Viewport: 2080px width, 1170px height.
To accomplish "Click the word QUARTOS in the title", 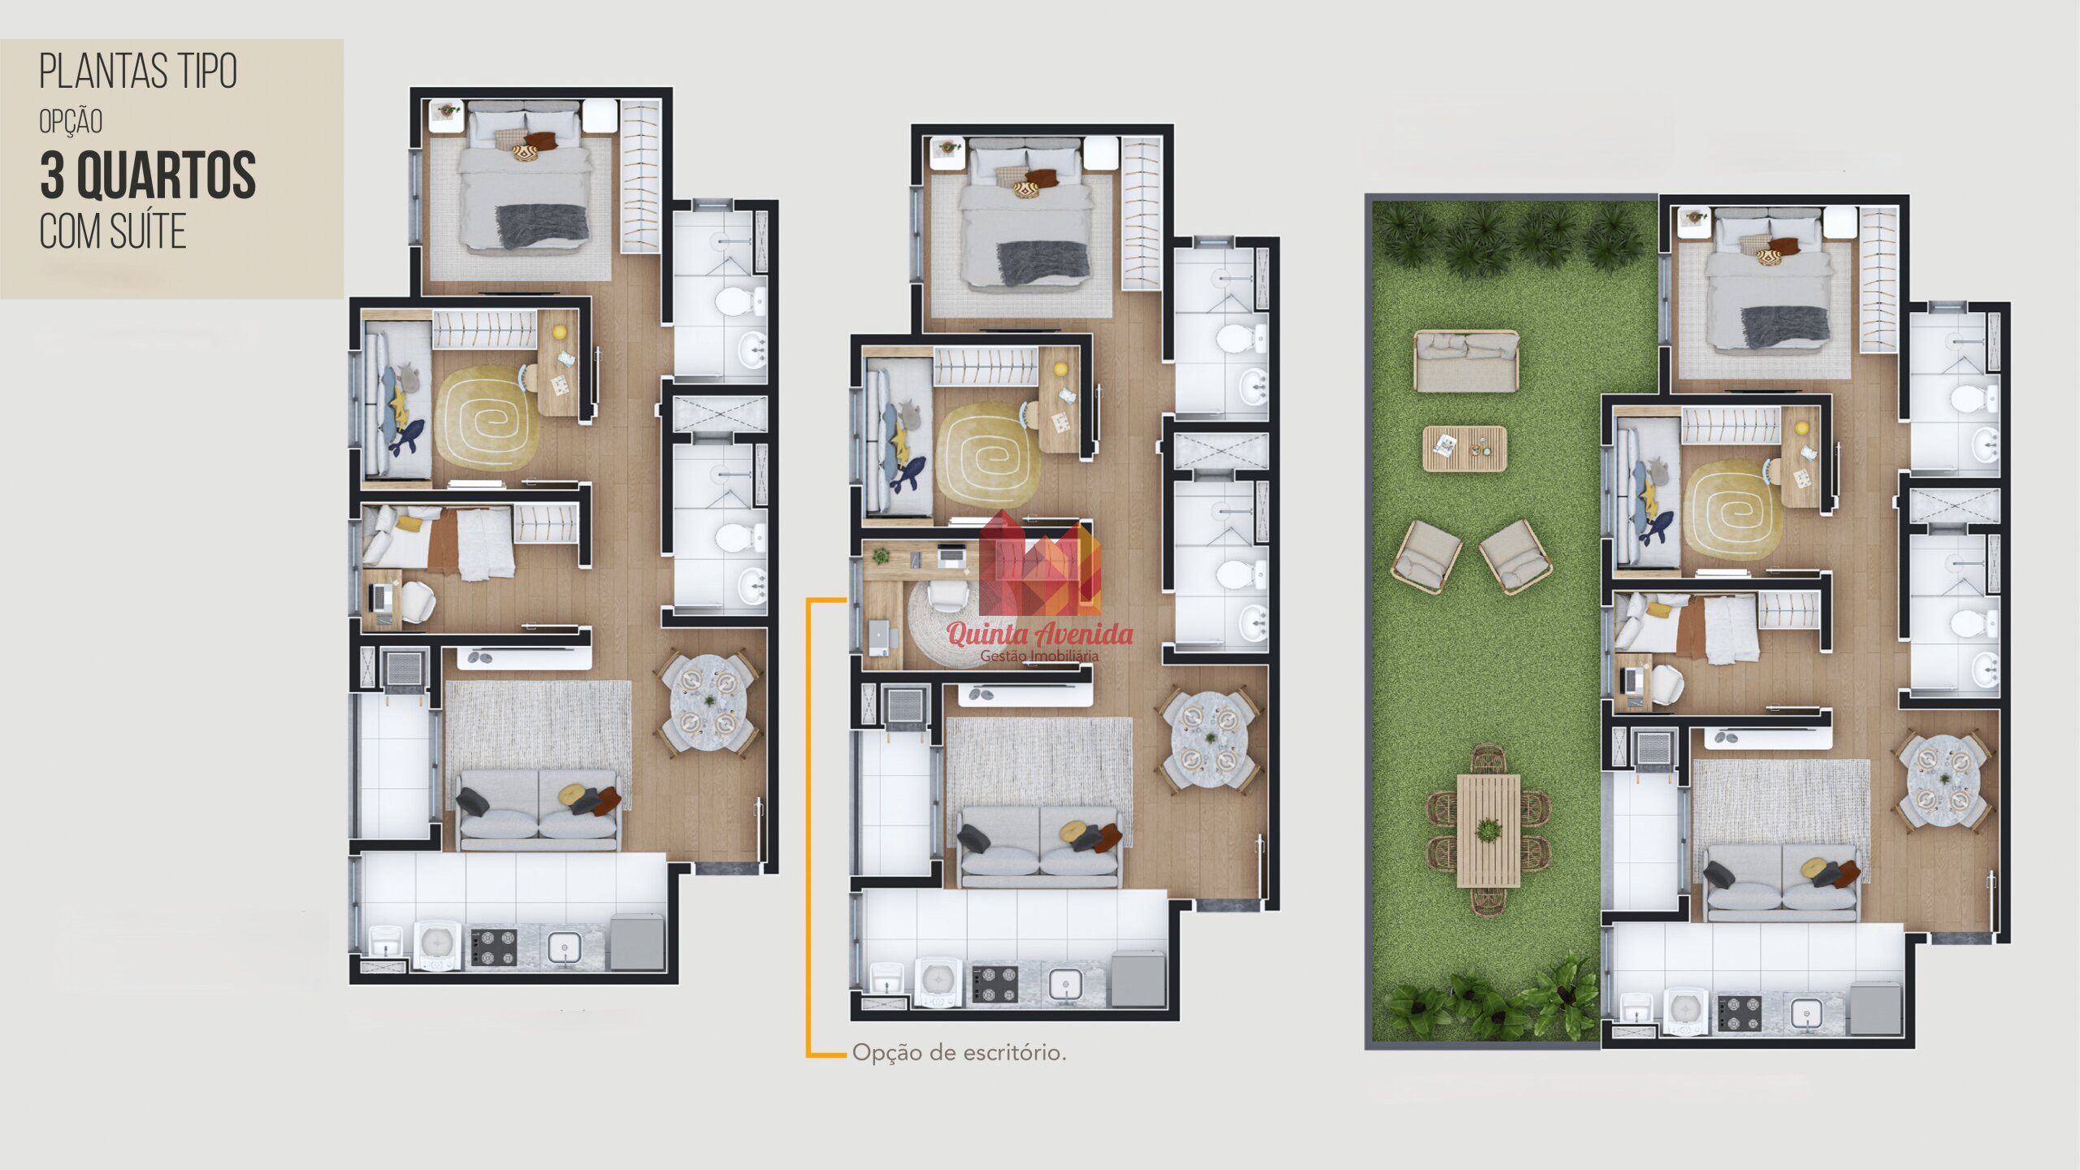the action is coord(166,175).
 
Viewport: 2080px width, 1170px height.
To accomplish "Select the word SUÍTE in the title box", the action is coord(148,232).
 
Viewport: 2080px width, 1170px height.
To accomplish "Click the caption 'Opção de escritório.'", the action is coord(959,1053).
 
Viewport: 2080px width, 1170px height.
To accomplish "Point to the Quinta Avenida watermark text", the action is coord(1040,634).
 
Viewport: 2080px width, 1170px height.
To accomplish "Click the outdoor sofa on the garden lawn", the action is coord(1466,361).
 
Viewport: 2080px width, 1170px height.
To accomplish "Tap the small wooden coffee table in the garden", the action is coord(1464,448).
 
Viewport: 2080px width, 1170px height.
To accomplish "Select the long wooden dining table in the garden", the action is coord(1488,830).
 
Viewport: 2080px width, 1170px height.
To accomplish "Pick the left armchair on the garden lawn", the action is coord(1426,556).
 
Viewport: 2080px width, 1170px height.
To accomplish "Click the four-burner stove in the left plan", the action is coord(494,947).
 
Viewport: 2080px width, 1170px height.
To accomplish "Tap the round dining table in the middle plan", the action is coord(1210,739).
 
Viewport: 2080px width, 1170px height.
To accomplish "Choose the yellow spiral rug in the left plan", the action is coord(486,418).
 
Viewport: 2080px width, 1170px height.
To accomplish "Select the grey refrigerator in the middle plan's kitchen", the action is coord(1137,979).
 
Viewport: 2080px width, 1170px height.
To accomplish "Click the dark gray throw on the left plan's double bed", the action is coord(542,225).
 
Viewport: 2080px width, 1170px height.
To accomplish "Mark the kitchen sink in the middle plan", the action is coord(1064,986).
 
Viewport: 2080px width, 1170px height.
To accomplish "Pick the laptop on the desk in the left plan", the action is coord(379,598).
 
